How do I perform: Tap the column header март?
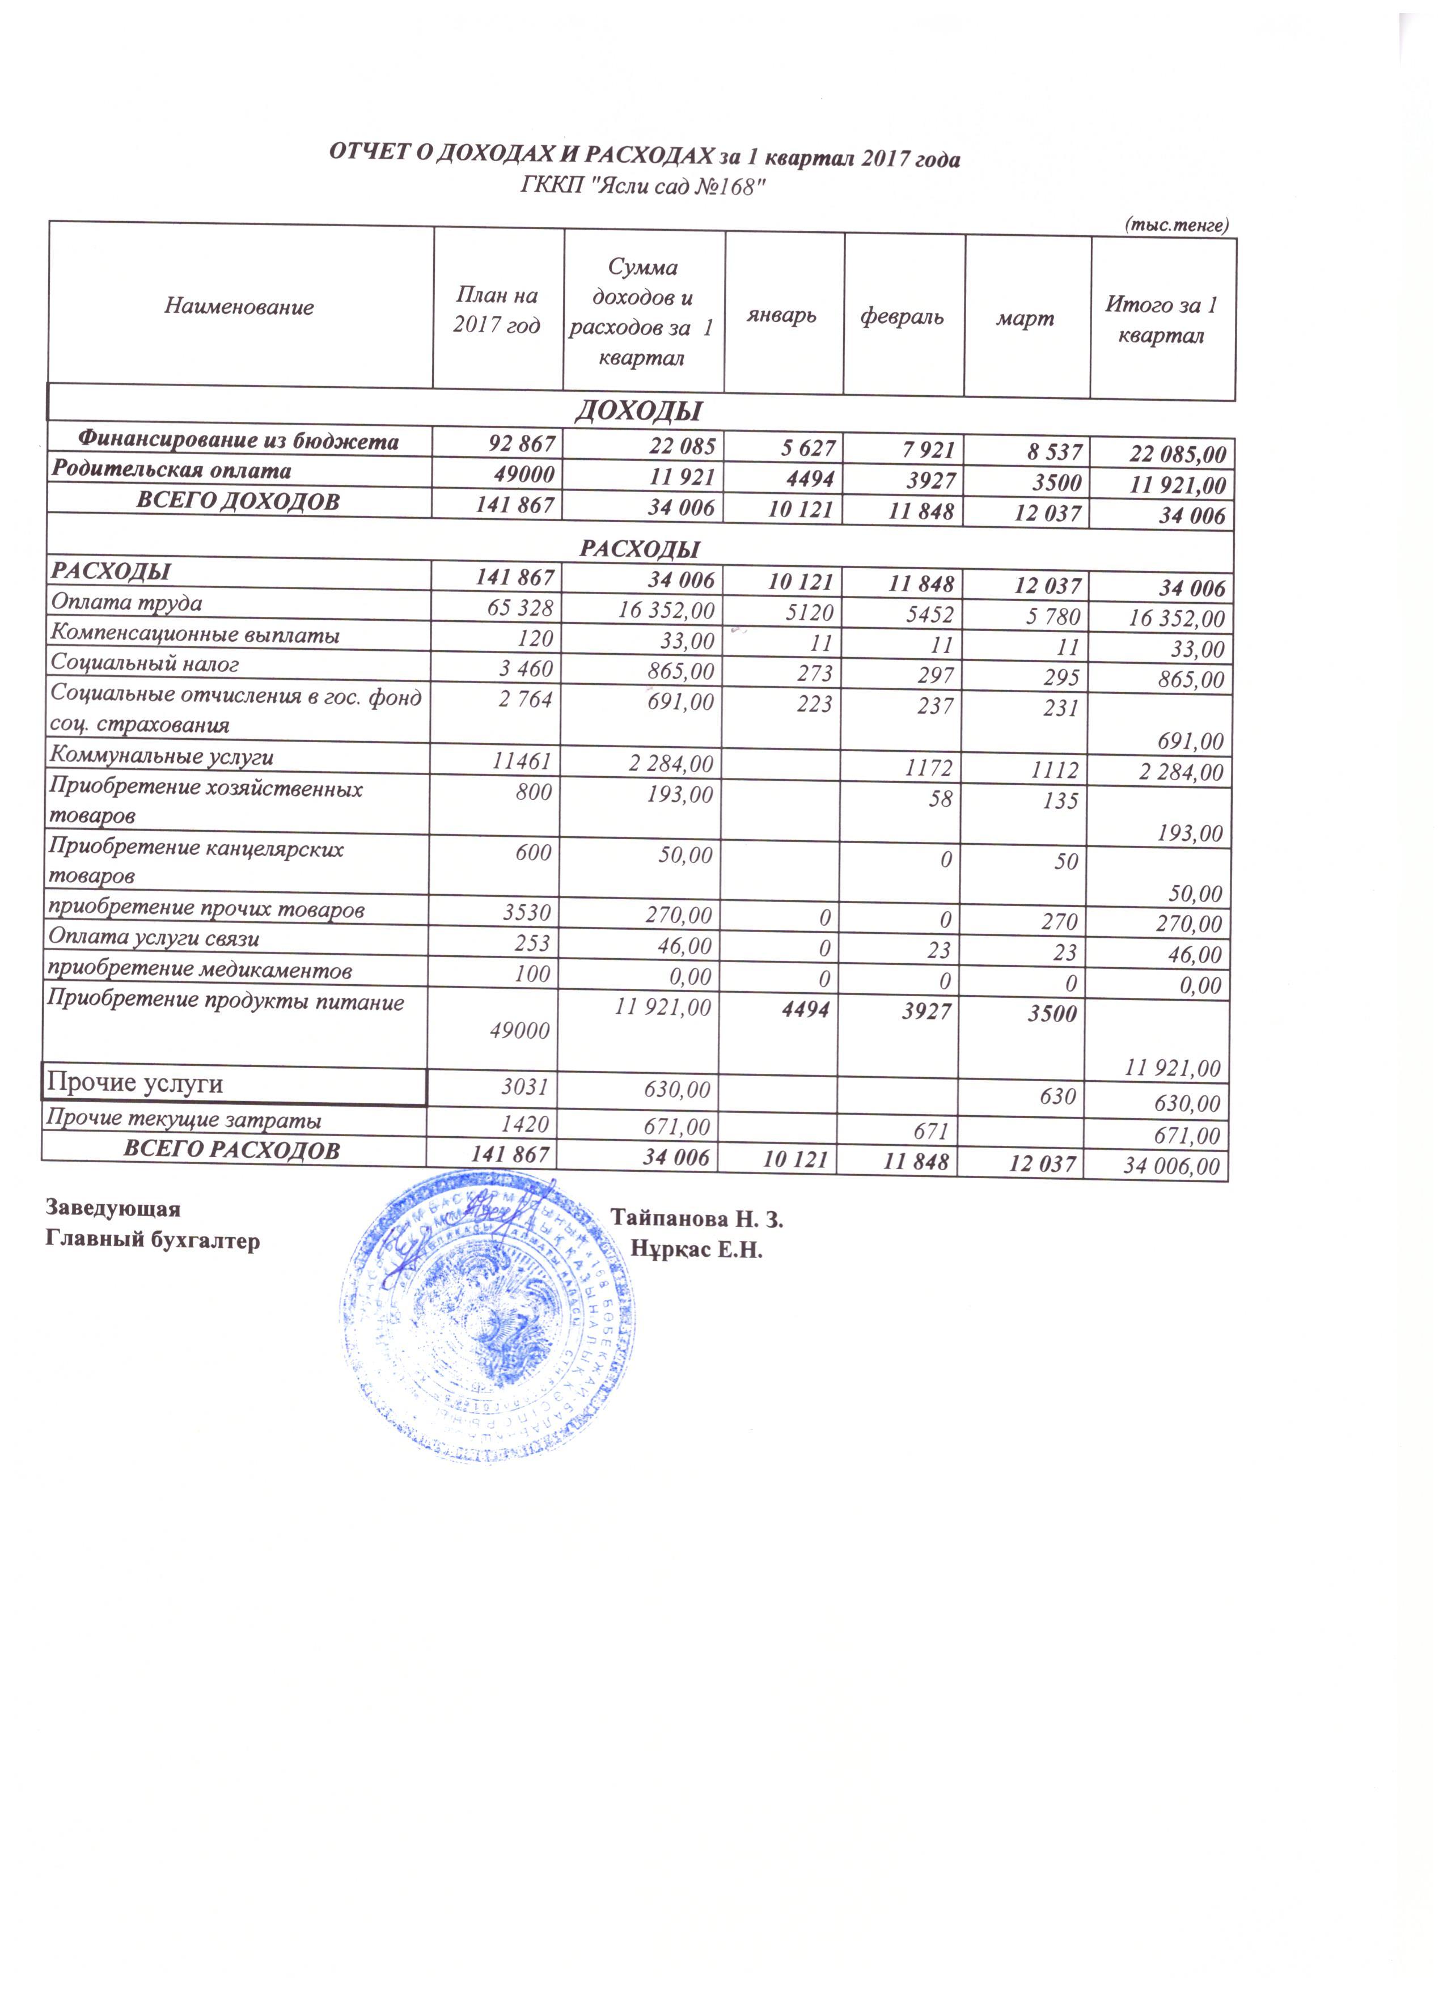pyautogui.click(x=1025, y=319)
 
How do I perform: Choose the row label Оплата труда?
pyautogui.click(x=126, y=603)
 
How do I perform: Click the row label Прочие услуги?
pyautogui.click(x=134, y=1083)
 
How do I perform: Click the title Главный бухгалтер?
pyautogui.click(x=153, y=1242)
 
